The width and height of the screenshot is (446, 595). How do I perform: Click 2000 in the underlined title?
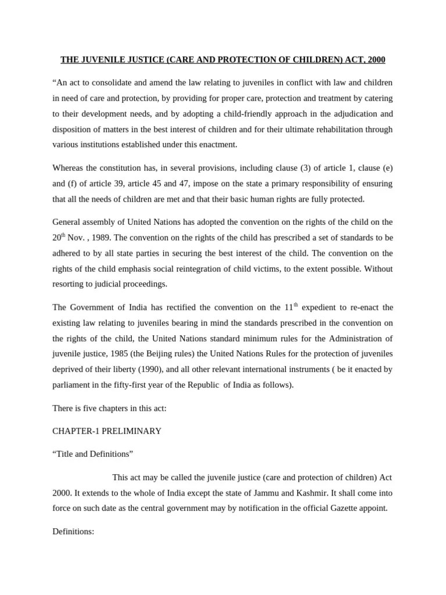pyautogui.click(x=373, y=60)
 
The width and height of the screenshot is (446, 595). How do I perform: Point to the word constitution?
pyautogui.click(x=127, y=168)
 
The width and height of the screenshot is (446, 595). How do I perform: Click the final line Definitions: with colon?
pyautogui.click(x=73, y=531)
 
